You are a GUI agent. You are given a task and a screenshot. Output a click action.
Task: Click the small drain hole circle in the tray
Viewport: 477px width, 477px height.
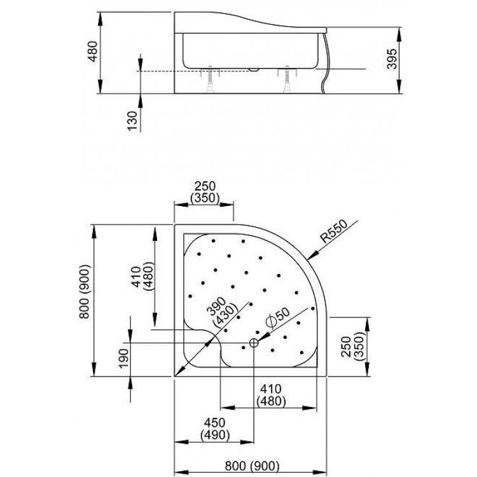point(253,343)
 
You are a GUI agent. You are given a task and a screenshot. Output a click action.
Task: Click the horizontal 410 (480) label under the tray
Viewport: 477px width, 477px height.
point(272,395)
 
